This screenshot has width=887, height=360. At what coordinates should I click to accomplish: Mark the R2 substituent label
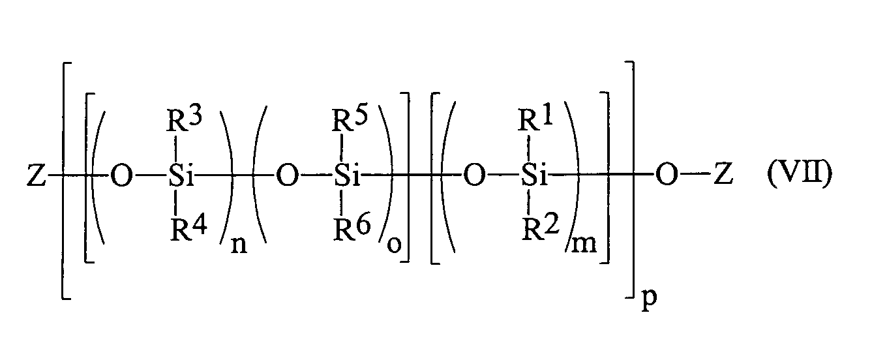[537, 230]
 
